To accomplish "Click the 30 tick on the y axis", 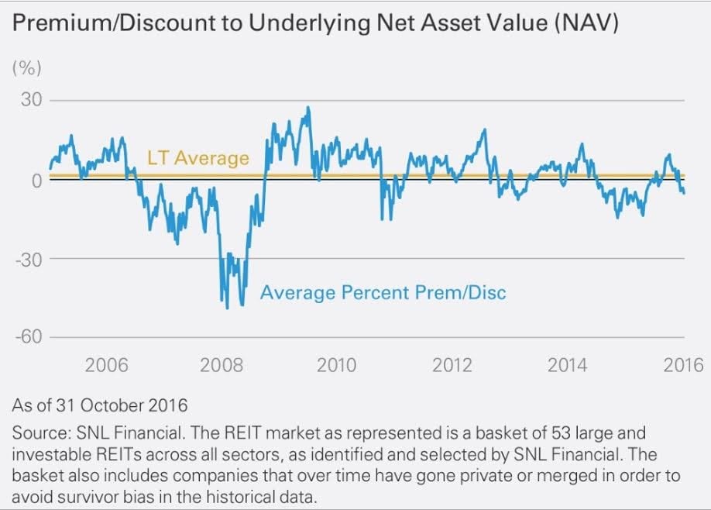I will click(x=30, y=101).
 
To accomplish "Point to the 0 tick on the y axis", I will click(x=36, y=180).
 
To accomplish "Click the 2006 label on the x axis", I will click(x=106, y=365).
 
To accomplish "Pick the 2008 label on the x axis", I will click(x=222, y=365).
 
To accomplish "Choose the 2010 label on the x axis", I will click(x=337, y=365).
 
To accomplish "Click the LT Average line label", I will click(x=198, y=158).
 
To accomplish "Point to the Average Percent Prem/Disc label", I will click(x=383, y=293).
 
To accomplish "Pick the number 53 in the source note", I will click(x=512, y=432).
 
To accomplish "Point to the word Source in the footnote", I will click(x=36, y=432).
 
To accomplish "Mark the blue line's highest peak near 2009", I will click(x=307, y=108).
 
